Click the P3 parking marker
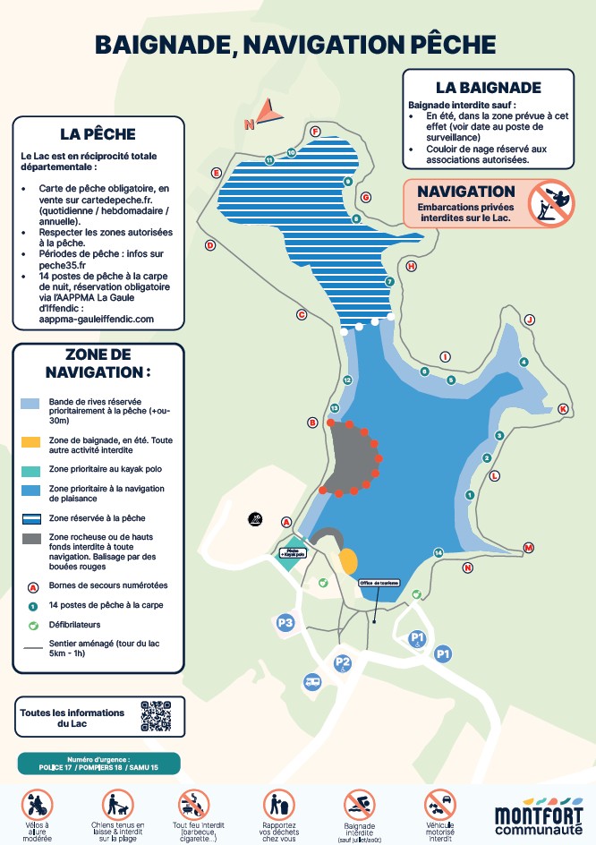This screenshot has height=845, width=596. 285,622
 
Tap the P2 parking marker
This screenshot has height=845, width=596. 342,662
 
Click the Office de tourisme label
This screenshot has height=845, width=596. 379,583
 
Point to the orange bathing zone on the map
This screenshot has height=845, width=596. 348,561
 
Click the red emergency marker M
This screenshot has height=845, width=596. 528,548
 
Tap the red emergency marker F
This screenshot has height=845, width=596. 315,132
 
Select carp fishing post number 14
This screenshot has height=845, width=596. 438,552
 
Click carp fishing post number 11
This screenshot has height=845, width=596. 268,160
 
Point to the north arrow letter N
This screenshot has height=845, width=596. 249,126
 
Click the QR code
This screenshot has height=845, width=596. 156,715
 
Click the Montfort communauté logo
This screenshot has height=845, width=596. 537,815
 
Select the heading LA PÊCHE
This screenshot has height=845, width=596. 98,134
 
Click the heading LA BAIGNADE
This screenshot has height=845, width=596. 488,88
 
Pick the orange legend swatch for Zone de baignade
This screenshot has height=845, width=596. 31,442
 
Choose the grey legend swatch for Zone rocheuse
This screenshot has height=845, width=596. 31,538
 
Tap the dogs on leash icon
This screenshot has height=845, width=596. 117,804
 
